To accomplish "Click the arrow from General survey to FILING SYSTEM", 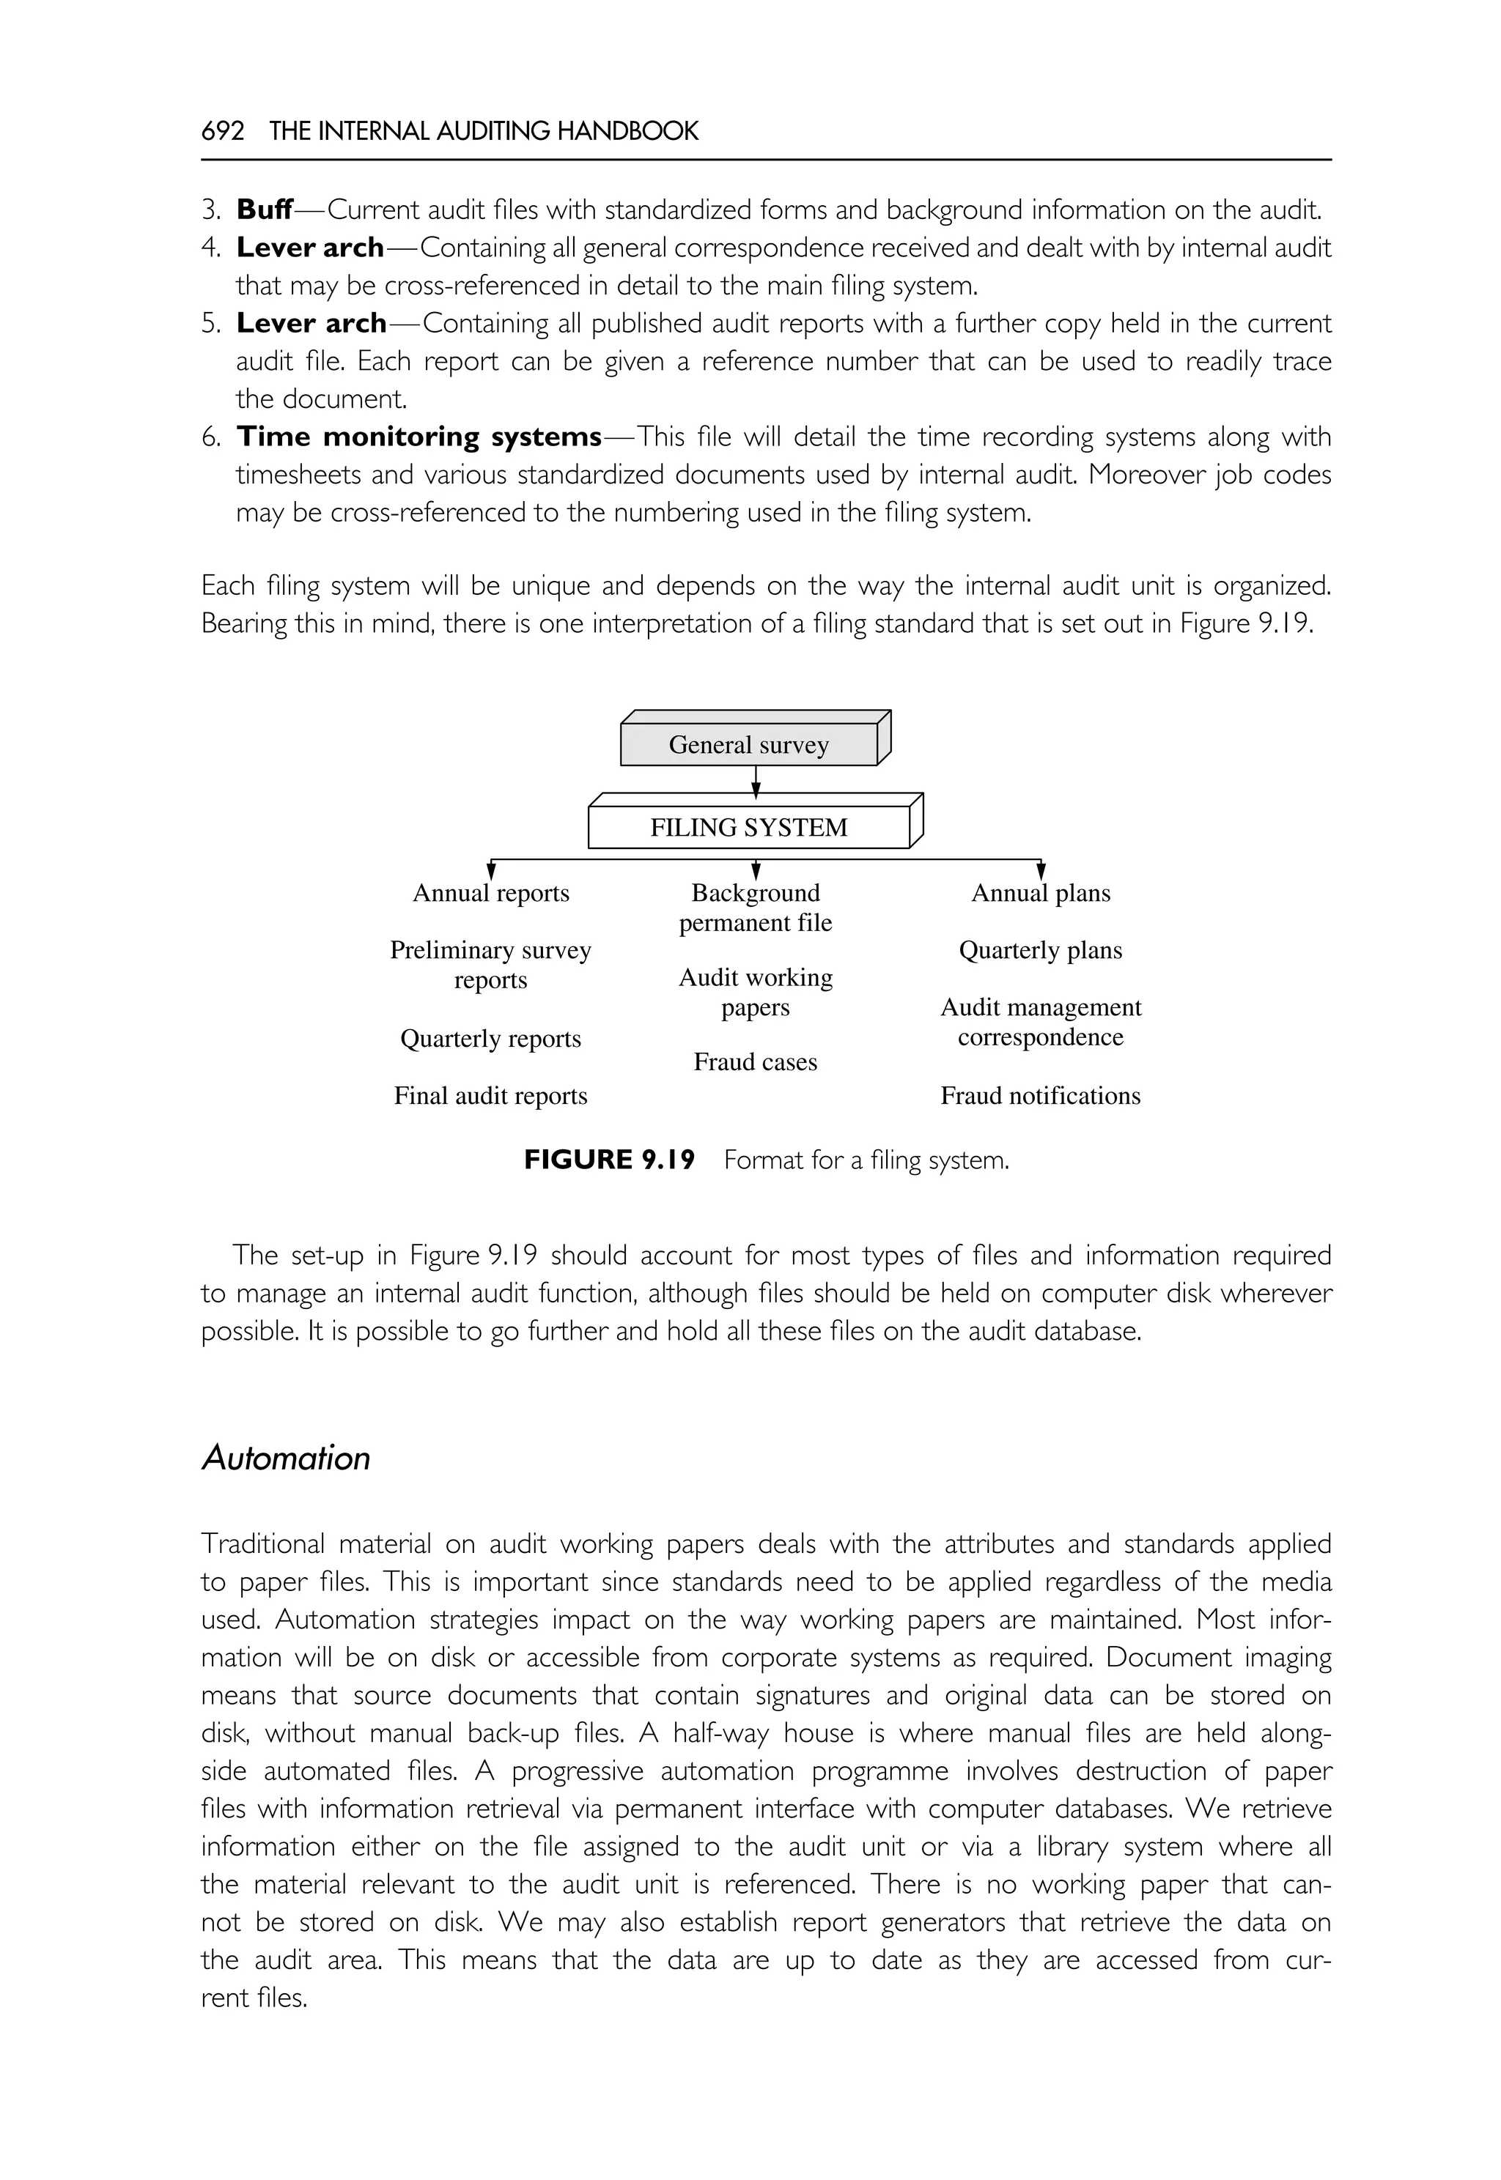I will tap(756, 779).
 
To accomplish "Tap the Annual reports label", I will tap(491, 893).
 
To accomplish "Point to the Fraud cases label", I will tap(755, 1062).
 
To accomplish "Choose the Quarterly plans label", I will tap(1040, 950).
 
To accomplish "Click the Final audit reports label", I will tap(490, 1096).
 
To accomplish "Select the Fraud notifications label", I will tap(1040, 1096).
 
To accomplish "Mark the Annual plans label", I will tap(1040, 893).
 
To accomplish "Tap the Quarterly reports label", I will tap(490, 1039).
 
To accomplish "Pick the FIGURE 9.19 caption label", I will tap(610, 1160).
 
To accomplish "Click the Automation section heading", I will tap(286, 1458).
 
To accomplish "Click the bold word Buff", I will tap(265, 209).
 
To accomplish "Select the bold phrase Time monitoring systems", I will tap(418, 437).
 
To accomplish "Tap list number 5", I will tap(210, 323).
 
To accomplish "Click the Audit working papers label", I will tap(755, 993).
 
